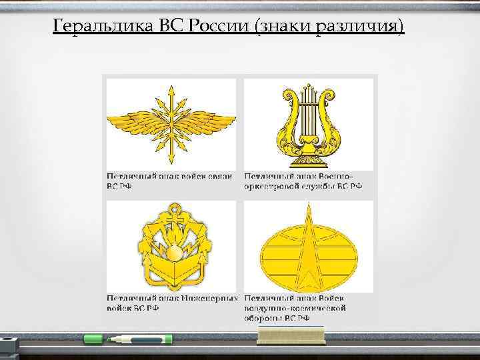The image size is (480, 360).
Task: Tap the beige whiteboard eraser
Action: pos(291,335)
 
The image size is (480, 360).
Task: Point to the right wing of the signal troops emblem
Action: pos(207,122)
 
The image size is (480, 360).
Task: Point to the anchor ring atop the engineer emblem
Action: pos(171,207)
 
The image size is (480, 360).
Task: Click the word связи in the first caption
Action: pos(219,176)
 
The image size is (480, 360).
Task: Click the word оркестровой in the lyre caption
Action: pos(272,186)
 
